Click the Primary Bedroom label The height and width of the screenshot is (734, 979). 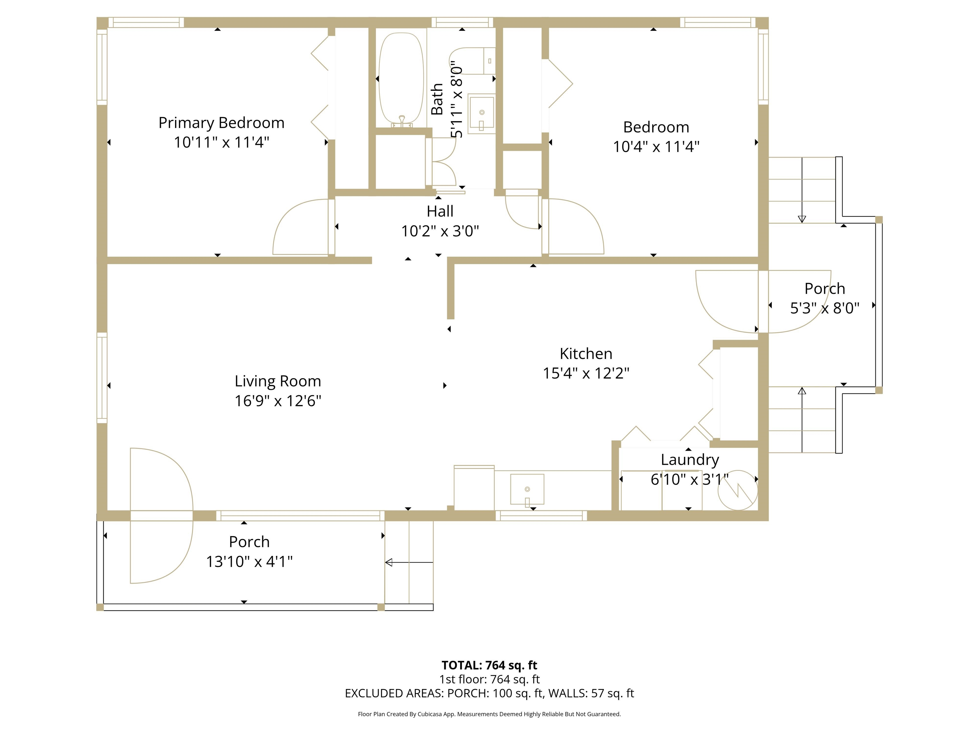pos(221,123)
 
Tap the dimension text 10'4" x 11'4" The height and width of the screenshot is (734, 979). pos(656,147)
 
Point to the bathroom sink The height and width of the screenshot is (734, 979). pos(482,113)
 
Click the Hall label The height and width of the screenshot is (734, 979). pos(440,212)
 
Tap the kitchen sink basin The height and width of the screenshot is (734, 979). pos(527,489)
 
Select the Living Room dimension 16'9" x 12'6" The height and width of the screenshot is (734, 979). pos(278,401)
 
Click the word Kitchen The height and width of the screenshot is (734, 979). pos(586,354)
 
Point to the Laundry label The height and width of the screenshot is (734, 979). pos(690,460)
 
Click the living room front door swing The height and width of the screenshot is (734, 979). pos(162,515)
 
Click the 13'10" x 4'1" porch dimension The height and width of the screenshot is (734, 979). pos(249,561)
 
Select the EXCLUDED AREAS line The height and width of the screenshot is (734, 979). pos(489,693)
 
